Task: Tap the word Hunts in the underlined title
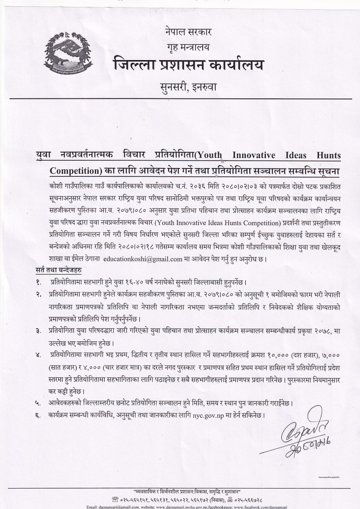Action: coord(328,155)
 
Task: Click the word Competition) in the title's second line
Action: coord(75,170)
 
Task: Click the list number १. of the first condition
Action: coord(39,283)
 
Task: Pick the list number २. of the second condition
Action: coord(39,295)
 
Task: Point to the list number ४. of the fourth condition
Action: coord(39,355)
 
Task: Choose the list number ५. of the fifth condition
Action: coord(39,403)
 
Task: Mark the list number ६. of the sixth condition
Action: coord(39,414)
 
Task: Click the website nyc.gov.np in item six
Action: coord(208,415)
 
